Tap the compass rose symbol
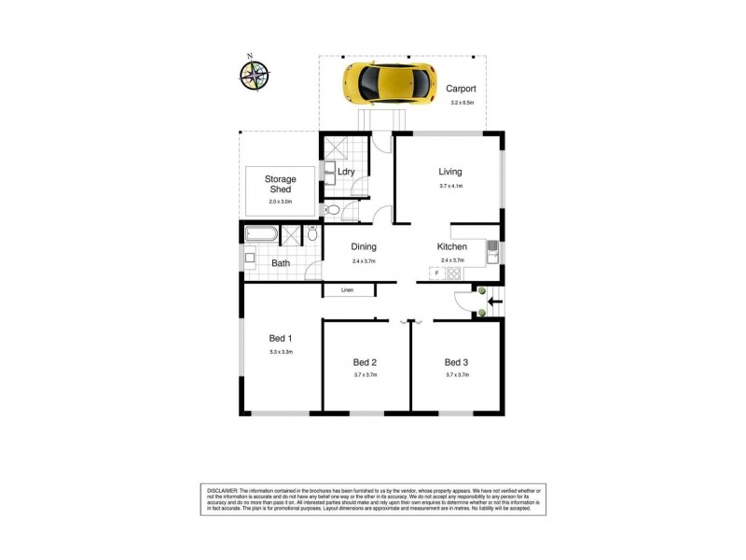pos(253,75)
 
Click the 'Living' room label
pos(450,172)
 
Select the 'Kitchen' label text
pos(452,247)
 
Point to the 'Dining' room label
pos(364,247)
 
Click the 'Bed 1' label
pos(281,338)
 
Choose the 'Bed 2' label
pos(365,362)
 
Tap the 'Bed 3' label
pos(456,362)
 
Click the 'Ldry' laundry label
pos(346,173)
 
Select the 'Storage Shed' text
pos(280,184)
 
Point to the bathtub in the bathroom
pos(261,234)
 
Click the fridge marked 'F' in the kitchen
pos(435,273)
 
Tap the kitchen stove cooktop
pos(454,273)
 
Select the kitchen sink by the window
pos(491,251)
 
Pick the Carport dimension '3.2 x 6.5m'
pos(462,103)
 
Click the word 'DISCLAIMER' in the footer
pos(222,490)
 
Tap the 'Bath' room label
pos(280,263)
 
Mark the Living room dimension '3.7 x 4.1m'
pos(450,187)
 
